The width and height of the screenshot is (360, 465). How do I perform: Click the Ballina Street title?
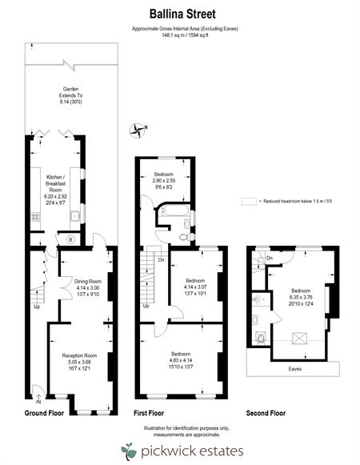tap(182, 14)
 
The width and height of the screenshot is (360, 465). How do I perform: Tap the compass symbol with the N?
tap(138, 130)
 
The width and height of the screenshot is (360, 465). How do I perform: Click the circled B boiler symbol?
tap(70, 239)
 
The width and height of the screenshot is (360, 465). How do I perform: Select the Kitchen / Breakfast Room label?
tap(55, 190)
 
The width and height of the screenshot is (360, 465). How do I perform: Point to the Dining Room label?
tap(88, 287)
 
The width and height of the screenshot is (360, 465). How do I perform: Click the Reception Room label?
tap(79, 362)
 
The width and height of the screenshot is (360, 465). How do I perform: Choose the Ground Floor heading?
tap(44, 413)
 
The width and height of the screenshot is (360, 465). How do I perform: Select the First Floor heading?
tap(149, 413)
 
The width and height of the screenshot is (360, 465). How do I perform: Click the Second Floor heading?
tap(266, 413)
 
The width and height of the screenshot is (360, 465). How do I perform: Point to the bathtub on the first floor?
tap(174, 210)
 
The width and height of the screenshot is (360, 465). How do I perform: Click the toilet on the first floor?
tap(186, 237)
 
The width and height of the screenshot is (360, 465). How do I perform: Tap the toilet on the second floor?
tap(261, 338)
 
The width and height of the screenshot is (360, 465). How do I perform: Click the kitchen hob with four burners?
tap(35, 217)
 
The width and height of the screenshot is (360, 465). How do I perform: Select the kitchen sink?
tap(75, 216)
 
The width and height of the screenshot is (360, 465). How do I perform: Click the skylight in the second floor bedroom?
tap(300, 339)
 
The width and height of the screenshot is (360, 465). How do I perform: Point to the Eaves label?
tap(294, 369)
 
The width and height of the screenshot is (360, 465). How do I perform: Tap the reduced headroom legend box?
tap(249, 202)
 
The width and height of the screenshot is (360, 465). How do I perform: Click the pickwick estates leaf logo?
tap(129, 451)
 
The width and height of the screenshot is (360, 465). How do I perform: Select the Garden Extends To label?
tap(70, 95)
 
